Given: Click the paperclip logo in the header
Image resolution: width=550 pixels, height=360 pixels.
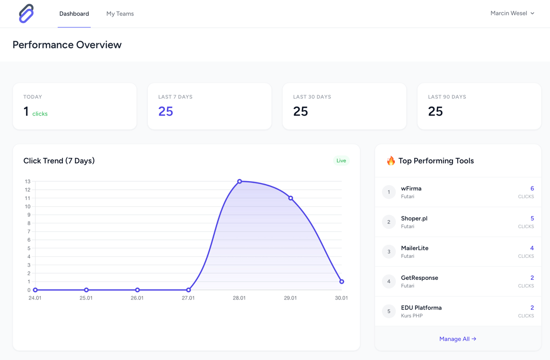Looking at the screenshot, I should click(26, 14).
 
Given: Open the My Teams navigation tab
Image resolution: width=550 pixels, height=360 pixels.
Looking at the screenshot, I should click(120, 14).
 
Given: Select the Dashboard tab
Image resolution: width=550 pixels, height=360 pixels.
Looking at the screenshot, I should click(74, 14).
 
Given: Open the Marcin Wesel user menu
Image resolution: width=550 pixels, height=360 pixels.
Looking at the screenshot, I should click(512, 13).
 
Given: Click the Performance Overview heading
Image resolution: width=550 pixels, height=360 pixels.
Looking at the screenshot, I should click(67, 45).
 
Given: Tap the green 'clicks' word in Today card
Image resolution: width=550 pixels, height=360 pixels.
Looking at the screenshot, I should click(40, 114).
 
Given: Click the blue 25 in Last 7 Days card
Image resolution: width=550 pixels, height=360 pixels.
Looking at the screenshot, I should click(165, 111).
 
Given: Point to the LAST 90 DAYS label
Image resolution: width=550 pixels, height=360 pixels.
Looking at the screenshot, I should click(447, 97).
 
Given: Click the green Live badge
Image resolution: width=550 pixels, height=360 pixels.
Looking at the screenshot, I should click(341, 161).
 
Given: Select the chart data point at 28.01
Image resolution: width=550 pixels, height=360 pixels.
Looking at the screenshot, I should click(239, 182).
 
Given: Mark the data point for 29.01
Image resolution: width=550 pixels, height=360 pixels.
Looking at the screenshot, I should click(291, 198).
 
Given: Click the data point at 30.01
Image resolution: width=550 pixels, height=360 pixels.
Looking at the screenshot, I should click(341, 282).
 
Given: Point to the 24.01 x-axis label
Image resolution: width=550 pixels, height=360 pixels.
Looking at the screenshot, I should click(35, 298).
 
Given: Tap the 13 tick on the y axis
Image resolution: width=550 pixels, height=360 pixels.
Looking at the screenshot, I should click(28, 182).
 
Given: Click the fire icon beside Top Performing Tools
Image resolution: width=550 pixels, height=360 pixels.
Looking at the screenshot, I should click(390, 161).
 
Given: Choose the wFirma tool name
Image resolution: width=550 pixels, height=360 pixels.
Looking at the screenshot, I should click(411, 188).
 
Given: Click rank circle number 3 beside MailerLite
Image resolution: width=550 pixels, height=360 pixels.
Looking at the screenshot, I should click(389, 252).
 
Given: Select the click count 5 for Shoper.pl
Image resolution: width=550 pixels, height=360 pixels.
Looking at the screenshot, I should click(532, 218).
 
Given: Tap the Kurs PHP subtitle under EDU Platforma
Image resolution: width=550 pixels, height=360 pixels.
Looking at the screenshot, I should click(412, 316).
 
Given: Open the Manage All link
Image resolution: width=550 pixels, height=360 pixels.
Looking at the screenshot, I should click(457, 339).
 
